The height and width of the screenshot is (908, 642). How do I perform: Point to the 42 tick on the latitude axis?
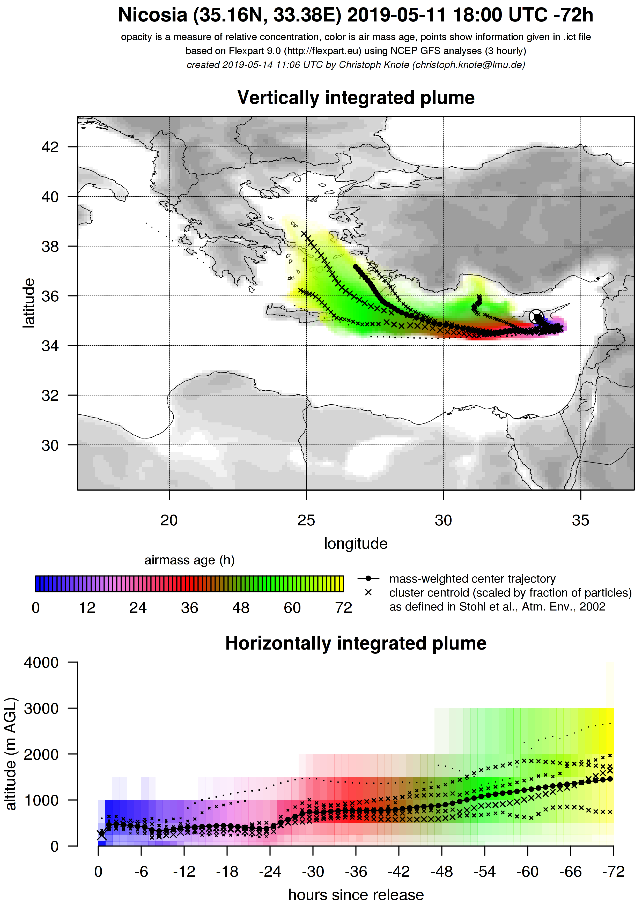50,147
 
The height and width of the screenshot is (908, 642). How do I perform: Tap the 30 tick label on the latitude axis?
50,445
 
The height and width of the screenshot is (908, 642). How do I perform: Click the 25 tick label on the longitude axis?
306,520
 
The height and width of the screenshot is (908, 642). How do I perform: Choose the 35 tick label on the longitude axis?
580,520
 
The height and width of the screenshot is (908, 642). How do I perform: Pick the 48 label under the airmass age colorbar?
241,608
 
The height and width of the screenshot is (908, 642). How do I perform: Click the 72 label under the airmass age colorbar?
343,608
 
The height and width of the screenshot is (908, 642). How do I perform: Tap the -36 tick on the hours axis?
356,871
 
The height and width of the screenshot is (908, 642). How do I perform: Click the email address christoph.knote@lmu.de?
468,65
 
